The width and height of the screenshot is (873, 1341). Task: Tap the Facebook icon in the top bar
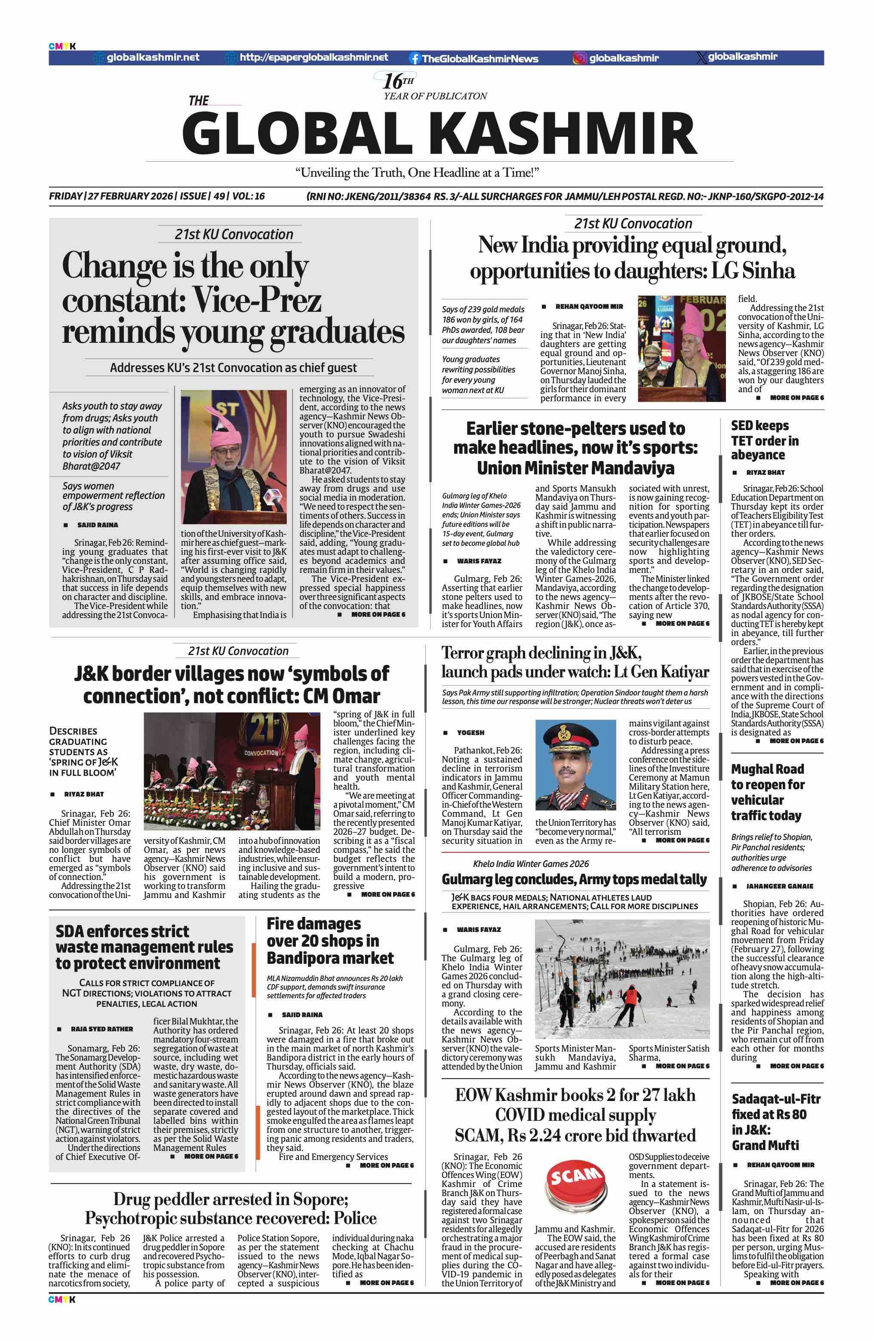point(415,58)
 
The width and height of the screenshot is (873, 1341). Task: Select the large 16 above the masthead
point(393,82)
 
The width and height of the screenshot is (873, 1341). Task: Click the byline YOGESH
point(470,732)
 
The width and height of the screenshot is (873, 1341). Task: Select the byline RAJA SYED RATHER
point(102,1029)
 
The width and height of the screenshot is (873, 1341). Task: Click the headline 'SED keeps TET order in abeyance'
point(764,440)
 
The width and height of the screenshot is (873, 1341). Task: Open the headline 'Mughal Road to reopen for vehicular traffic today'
point(767,792)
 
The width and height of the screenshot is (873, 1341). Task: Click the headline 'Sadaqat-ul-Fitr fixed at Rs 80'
point(775,1121)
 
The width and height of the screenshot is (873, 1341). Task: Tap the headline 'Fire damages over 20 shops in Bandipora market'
point(330,941)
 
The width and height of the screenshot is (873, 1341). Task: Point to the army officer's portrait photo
point(575,765)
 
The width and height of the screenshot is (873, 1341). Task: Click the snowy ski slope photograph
point(622,979)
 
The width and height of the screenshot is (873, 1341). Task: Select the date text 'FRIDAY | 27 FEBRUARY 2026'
point(111,196)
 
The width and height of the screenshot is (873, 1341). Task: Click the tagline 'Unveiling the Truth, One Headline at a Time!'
point(417,172)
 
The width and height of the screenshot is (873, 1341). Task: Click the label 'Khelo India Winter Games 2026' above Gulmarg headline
point(531,864)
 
